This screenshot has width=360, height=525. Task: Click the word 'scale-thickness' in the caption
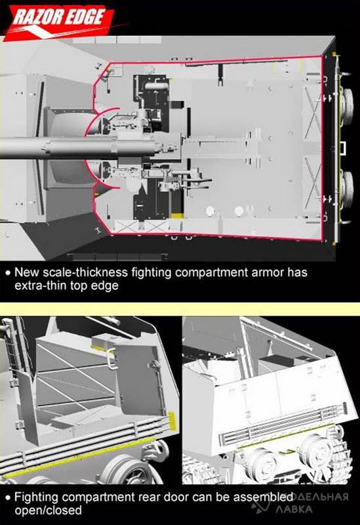pos(85,272)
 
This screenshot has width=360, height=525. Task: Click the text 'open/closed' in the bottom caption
pos(48,511)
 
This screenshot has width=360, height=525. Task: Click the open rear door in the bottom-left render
pos(140,377)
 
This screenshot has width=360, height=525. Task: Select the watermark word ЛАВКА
pos(294,509)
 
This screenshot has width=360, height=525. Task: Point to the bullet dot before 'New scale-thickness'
pos(8,273)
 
